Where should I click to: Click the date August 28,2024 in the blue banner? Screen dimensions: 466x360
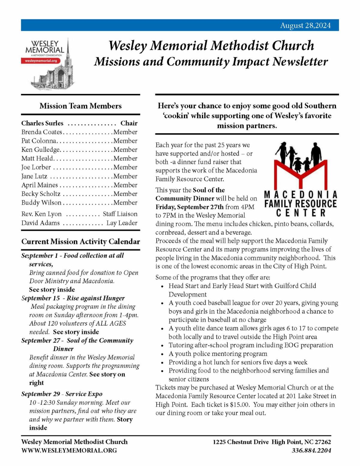(x=305, y=26)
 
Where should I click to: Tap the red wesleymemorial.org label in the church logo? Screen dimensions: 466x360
(x=41, y=61)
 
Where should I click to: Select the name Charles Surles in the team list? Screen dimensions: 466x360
(x=42, y=123)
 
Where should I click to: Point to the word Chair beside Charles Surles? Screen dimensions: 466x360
(x=129, y=123)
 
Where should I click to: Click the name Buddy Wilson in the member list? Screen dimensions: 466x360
(x=41, y=203)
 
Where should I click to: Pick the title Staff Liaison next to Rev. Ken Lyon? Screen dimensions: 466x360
(x=120, y=214)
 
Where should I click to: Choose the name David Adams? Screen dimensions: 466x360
(x=40, y=223)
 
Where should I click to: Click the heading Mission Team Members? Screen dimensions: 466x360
(x=80, y=106)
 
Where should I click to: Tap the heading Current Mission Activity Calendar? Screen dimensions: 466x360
(x=80, y=242)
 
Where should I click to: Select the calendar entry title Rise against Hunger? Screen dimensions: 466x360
(x=95, y=298)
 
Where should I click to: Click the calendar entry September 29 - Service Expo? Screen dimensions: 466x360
(x=62, y=394)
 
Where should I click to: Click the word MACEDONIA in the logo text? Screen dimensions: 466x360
(x=301, y=195)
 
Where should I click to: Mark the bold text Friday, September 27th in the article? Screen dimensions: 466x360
(x=190, y=207)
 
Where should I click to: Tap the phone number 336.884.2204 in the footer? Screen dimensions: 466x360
(x=311, y=450)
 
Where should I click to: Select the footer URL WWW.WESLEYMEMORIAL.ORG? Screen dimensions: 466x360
(x=69, y=450)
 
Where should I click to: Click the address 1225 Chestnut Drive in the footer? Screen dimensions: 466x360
(x=241, y=442)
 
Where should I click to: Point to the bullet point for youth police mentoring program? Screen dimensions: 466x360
(x=162, y=354)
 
